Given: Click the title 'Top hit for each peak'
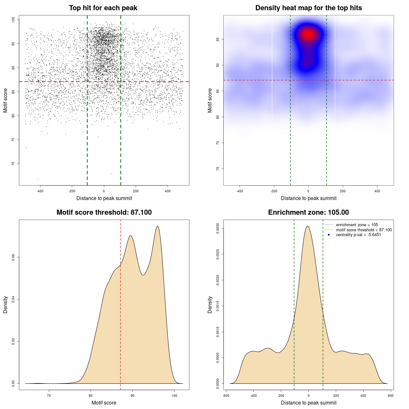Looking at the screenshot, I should coord(103,8).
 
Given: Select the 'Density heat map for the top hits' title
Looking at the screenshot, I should coord(308,8).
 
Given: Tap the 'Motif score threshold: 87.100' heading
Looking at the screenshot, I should coord(104,212).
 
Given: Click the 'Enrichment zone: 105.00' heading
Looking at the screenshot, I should coord(308,212).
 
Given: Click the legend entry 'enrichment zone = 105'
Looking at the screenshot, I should coord(357,225).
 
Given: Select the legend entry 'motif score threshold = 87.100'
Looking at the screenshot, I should coord(364,230).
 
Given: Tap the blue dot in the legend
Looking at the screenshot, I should coord(329,235).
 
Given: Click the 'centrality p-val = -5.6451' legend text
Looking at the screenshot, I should coord(358,235).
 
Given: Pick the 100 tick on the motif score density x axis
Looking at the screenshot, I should coord(174,396).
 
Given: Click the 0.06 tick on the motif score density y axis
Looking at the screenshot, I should coord(13,257).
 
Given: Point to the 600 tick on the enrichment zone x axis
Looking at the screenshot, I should coord(390,396).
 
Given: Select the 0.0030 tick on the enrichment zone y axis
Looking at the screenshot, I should coord(218,228).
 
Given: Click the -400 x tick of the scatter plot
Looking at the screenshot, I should coord(40,191).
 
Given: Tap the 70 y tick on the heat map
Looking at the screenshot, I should coord(218,169).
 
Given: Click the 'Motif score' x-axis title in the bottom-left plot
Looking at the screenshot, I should coord(104,403).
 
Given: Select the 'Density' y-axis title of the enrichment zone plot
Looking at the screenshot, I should coord(210,305).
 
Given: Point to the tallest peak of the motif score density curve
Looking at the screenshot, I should coord(158,226).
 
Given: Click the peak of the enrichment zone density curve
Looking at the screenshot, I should coord(307,226).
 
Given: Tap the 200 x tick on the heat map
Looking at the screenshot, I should coord(343,191).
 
